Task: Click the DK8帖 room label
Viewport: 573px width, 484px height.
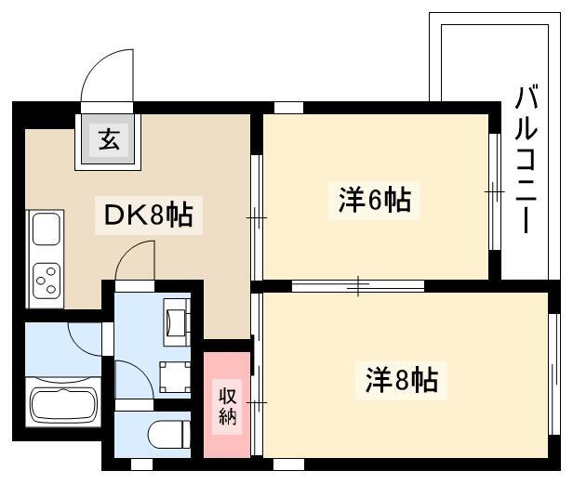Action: [149, 215]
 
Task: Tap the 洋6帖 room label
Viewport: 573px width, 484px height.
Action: [375, 200]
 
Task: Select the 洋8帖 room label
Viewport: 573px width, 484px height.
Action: [402, 380]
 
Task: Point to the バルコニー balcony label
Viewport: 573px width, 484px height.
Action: [526, 159]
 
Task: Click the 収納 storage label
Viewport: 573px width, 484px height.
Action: [227, 406]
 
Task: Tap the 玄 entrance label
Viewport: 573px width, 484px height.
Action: [109, 139]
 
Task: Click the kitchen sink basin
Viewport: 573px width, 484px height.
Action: [47, 229]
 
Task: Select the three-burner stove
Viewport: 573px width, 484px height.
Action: [47, 281]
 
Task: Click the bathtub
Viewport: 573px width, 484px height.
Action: [63, 405]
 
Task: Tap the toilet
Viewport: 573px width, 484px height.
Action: [170, 434]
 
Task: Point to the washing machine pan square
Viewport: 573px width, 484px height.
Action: [175, 377]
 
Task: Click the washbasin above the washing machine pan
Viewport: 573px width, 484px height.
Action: [178, 322]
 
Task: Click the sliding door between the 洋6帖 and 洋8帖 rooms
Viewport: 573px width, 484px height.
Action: [358, 286]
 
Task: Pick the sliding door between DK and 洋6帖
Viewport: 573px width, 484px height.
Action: [257, 217]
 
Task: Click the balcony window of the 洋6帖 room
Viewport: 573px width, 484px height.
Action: [495, 191]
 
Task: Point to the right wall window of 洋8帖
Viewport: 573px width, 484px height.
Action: [554, 373]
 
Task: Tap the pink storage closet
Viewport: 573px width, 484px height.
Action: [227, 404]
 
